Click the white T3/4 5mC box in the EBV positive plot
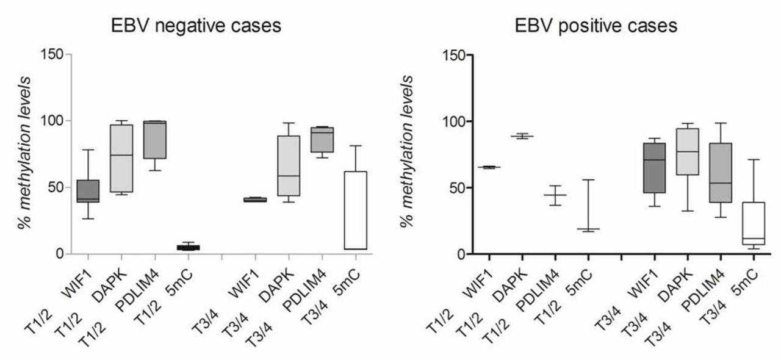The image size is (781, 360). (x=754, y=223)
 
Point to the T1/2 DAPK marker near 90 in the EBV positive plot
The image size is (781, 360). (x=522, y=137)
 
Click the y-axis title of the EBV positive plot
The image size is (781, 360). (x=408, y=153)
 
